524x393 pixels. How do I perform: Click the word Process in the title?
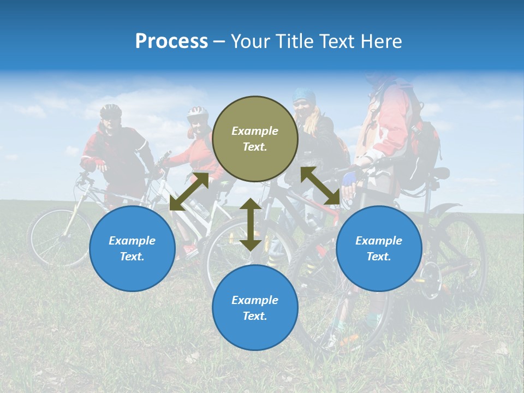(171, 41)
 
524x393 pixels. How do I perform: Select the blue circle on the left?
(132, 248)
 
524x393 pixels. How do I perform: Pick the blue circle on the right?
(379, 248)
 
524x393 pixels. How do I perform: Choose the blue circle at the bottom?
(255, 308)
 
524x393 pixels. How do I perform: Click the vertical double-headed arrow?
(251, 225)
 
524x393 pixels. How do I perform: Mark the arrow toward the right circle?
(320, 186)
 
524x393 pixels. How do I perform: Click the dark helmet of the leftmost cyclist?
(111, 111)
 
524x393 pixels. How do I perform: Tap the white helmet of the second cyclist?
(198, 113)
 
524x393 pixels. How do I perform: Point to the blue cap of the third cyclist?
(303, 96)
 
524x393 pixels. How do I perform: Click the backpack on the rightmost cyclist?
(423, 153)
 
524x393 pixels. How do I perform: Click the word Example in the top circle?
(255, 131)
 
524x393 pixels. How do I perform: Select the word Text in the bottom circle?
(254, 316)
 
